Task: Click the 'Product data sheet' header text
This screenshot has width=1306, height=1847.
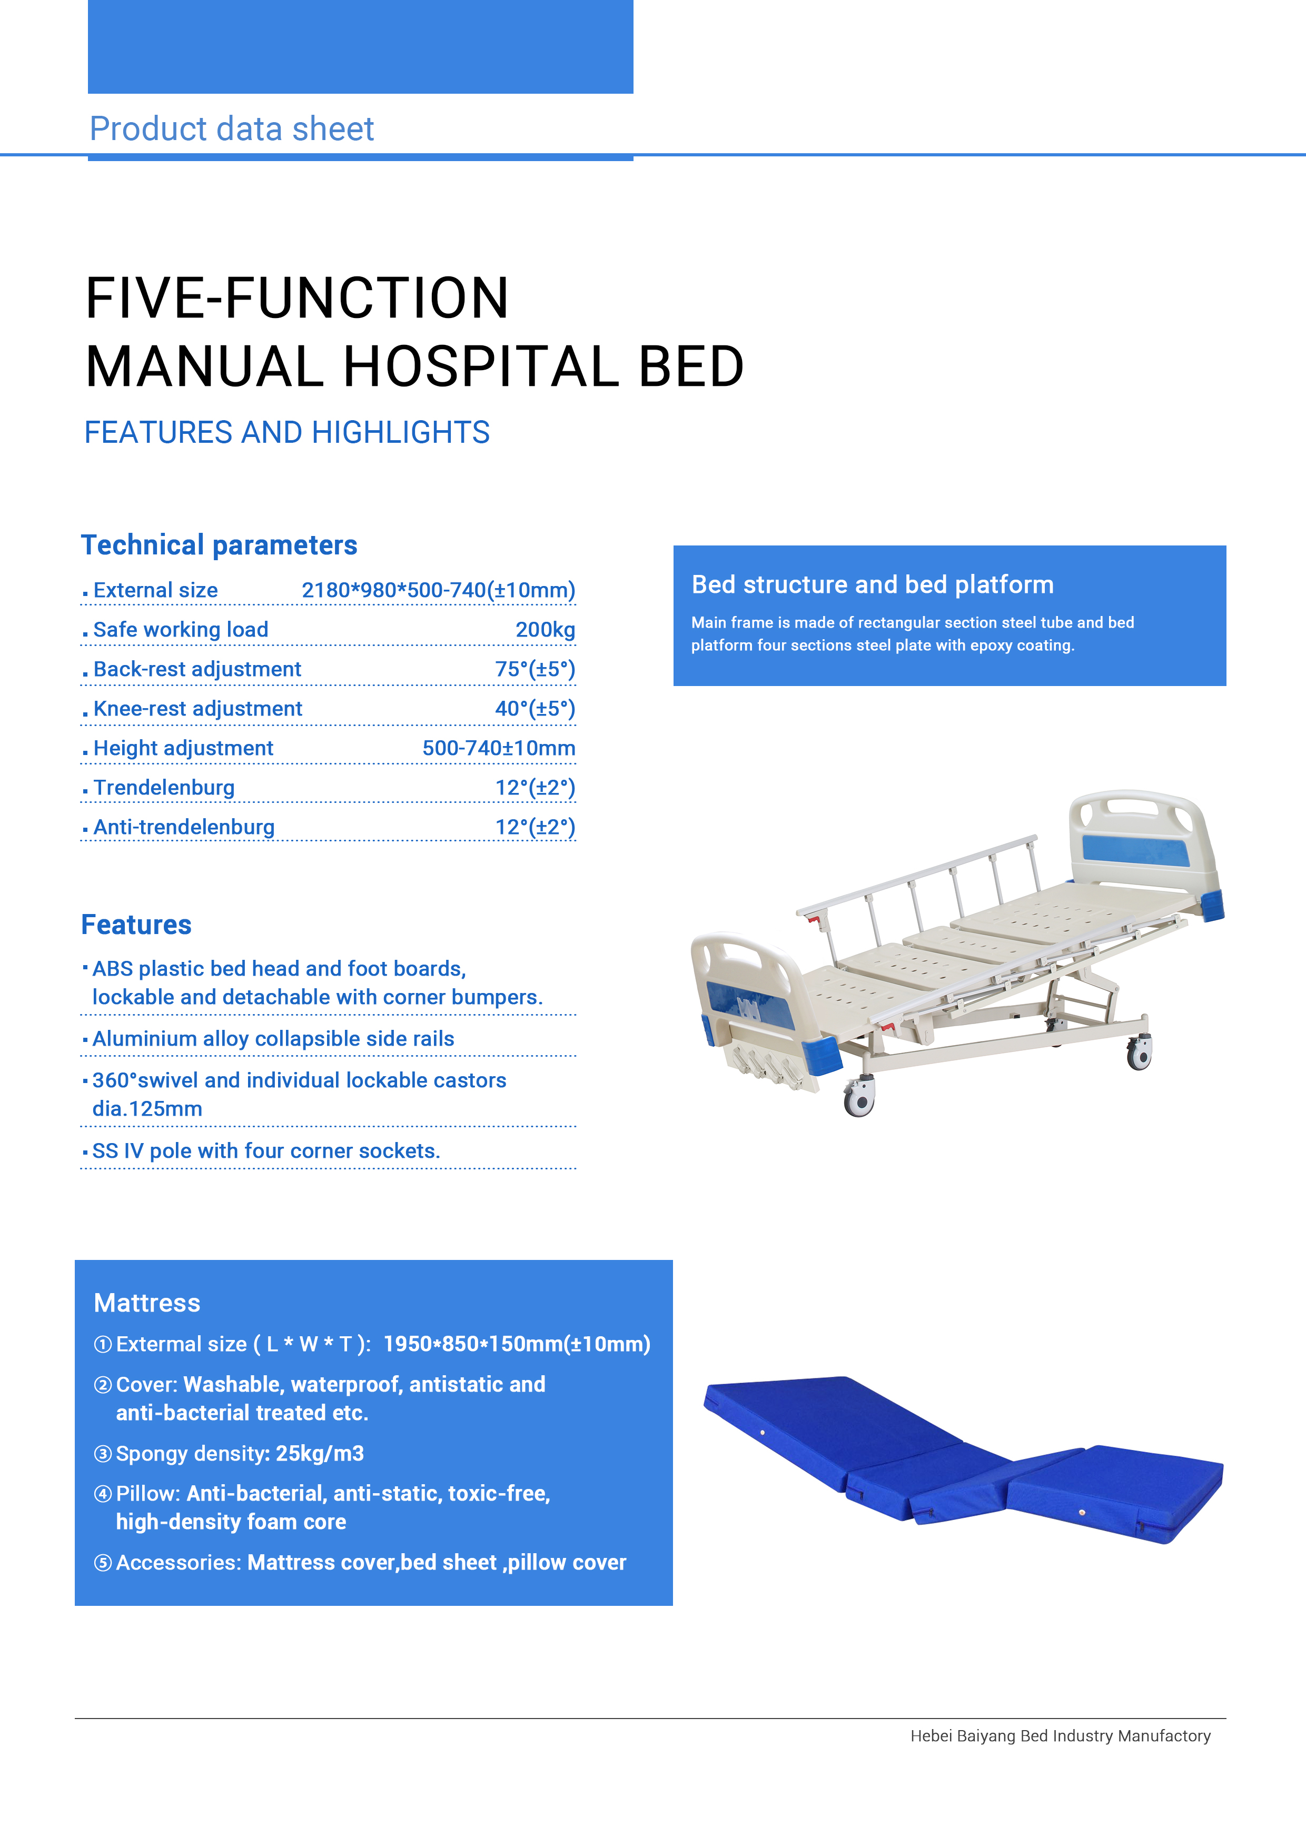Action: coord(232,128)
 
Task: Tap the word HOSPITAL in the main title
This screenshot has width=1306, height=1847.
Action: coord(481,367)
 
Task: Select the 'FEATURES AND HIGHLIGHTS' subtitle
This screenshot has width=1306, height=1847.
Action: coord(288,433)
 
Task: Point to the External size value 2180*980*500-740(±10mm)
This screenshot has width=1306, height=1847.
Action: coord(439,590)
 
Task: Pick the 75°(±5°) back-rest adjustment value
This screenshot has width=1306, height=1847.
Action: coord(535,669)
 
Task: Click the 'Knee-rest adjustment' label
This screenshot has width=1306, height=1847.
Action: coord(198,709)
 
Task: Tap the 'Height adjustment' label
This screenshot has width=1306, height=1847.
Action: coord(183,748)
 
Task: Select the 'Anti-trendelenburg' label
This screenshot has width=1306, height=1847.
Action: coord(184,827)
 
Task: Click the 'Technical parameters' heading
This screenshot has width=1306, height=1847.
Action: coord(219,545)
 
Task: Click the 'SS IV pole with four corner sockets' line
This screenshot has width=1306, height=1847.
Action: coord(266,1151)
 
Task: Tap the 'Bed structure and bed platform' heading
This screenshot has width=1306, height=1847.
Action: coord(872,585)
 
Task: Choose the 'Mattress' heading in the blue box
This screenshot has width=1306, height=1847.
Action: coord(147,1303)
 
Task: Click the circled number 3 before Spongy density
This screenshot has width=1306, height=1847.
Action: coord(103,1454)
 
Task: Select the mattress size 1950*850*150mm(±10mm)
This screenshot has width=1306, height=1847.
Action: coord(517,1344)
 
